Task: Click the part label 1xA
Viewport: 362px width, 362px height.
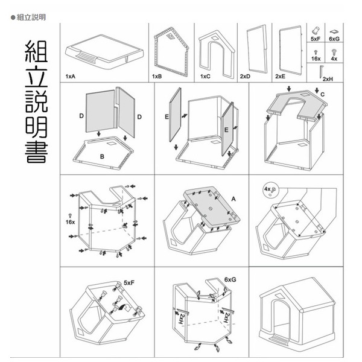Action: pos(71,77)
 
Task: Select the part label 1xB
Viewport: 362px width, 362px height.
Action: pos(157,77)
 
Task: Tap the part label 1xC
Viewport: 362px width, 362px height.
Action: pos(205,77)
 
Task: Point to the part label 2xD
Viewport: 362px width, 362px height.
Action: pos(245,77)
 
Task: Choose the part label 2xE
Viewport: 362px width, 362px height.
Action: pos(280,77)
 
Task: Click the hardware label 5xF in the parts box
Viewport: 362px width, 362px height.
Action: pos(315,38)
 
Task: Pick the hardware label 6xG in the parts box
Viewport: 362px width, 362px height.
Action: pos(334,38)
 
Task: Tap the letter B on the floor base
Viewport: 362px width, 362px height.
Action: pos(102,156)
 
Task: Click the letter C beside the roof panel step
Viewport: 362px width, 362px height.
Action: pos(322,95)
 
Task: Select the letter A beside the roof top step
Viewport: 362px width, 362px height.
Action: pos(232,198)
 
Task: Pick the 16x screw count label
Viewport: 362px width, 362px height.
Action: pos(70,222)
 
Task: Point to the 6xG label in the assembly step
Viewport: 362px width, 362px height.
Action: pos(230,280)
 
